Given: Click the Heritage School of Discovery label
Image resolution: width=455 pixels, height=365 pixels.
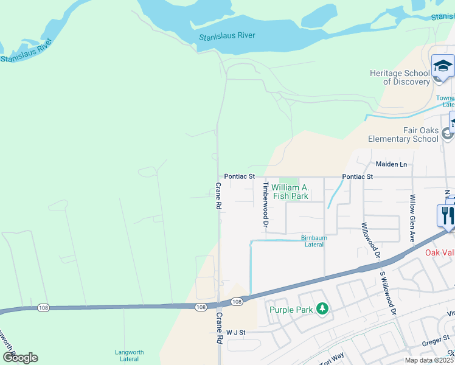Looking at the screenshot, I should [x=400, y=77].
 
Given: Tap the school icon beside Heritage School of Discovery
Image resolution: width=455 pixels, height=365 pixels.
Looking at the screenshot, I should [x=443, y=67].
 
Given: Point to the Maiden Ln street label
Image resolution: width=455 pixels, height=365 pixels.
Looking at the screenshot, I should [x=391, y=164].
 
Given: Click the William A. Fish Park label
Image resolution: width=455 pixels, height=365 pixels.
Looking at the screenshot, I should [x=290, y=192].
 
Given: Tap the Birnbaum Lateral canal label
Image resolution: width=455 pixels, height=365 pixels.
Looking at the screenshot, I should [x=312, y=241].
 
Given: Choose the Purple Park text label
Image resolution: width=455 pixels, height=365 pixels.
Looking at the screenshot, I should [x=291, y=309].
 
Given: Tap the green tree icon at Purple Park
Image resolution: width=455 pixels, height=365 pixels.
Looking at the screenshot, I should [x=322, y=310].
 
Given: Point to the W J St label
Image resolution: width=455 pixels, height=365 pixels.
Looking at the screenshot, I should [x=235, y=333].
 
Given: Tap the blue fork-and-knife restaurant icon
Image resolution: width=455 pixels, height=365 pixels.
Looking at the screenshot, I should [x=446, y=215].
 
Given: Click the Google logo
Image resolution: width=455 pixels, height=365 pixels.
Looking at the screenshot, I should [x=20, y=358].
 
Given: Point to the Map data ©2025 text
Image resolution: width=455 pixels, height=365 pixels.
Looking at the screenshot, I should [x=429, y=360].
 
